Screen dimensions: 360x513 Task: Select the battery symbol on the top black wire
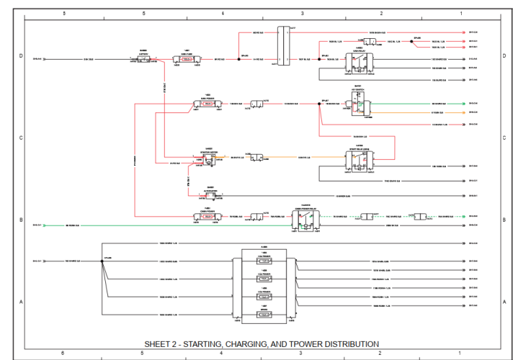143,59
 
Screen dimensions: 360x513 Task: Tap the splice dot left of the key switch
319,104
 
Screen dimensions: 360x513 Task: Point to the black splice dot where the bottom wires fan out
103,261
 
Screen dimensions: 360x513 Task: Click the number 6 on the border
63,353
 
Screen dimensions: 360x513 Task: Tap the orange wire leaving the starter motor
231,157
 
